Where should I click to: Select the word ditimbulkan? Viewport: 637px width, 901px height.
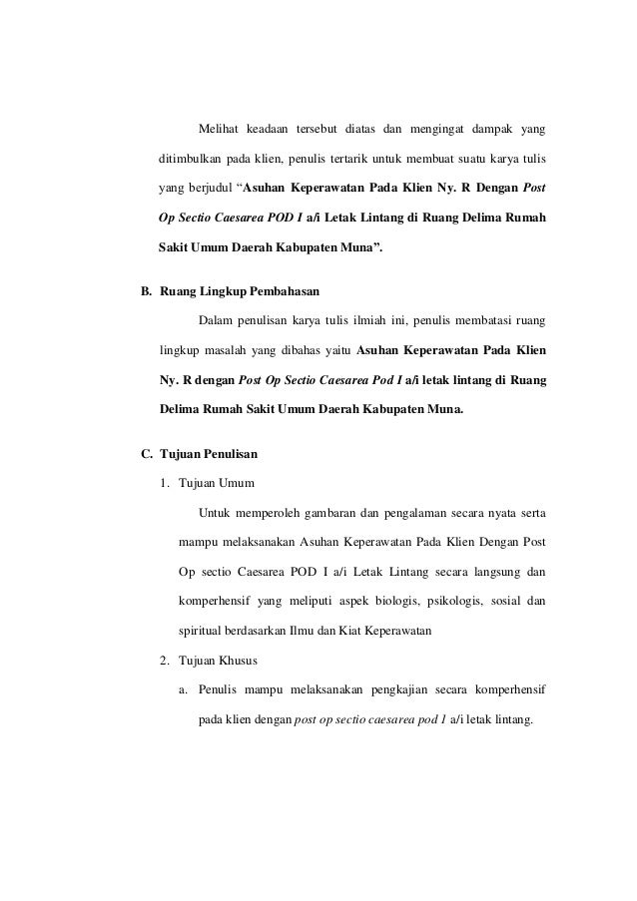coord(190,160)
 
